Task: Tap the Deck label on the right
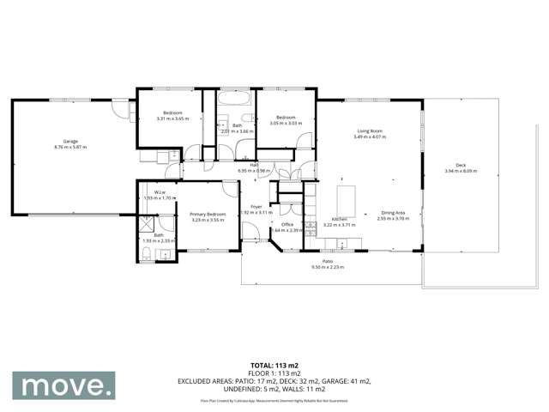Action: click(461, 166)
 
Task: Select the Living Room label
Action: click(370, 131)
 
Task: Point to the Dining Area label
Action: click(394, 213)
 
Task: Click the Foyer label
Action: click(256, 207)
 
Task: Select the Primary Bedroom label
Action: click(207, 215)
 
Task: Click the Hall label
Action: click(254, 165)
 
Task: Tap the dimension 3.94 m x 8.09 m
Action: click(461, 172)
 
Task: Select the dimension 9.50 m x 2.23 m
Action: click(327, 267)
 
